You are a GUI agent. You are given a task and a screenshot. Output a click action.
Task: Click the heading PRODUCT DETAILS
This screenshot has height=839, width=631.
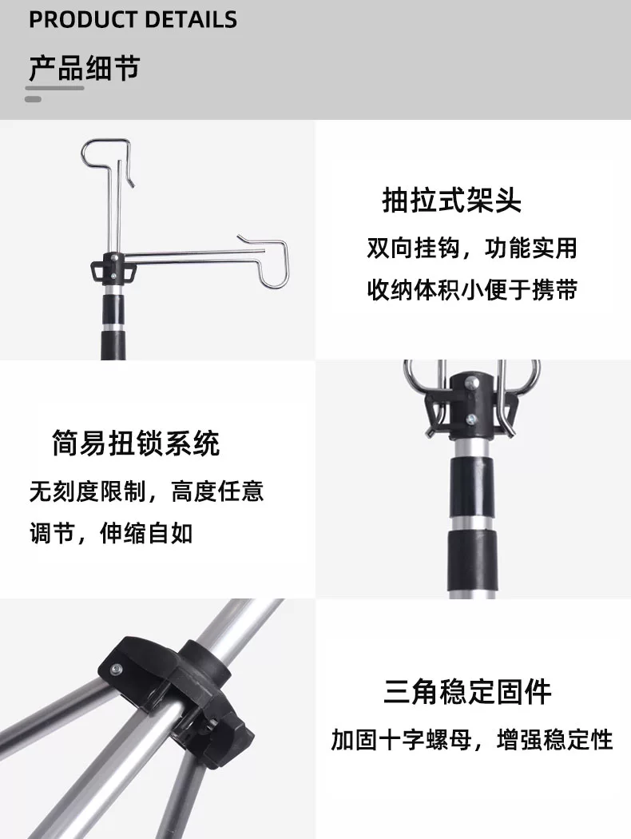133,20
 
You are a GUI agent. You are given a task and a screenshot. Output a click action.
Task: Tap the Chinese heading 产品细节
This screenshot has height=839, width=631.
84,68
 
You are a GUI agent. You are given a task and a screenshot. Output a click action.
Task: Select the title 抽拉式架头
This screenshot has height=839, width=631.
451,201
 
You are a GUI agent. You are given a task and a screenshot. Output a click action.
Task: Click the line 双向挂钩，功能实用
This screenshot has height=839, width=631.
471,249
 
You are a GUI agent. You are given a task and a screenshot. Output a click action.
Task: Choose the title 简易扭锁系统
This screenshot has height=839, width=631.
136,443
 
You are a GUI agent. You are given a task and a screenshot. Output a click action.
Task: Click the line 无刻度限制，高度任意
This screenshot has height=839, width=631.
146,491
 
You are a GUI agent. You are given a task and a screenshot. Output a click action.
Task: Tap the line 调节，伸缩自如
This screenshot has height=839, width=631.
111,533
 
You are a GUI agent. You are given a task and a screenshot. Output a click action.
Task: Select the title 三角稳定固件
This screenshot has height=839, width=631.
467,691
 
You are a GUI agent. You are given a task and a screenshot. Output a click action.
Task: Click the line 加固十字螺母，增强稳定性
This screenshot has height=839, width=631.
471,740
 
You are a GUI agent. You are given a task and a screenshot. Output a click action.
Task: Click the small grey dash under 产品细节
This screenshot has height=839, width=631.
34,99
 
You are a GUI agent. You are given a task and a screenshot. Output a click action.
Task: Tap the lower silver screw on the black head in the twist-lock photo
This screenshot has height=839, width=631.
471,419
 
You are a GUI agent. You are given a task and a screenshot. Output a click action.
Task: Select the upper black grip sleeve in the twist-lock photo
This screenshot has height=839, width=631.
472,487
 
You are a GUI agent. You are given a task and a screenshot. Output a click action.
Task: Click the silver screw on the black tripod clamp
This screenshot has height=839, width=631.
116,668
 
